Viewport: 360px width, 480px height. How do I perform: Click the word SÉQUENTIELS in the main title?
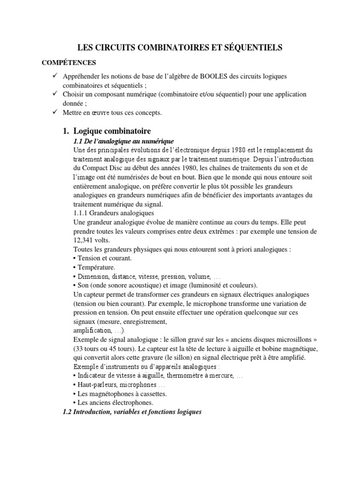click(251, 48)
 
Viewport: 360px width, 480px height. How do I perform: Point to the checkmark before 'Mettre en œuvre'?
click(55, 112)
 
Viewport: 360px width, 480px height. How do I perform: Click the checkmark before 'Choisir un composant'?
click(55, 94)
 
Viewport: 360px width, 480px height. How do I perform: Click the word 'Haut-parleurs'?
click(97, 384)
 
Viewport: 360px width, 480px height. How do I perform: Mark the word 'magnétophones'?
click(112, 394)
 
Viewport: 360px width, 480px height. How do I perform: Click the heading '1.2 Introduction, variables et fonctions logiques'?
click(132, 412)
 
